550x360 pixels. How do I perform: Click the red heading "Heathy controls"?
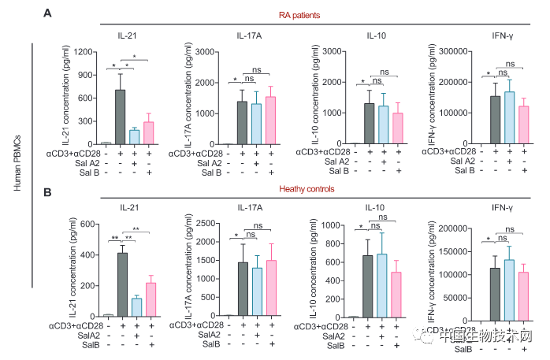[x=287, y=190]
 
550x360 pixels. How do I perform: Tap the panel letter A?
[x=47, y=13]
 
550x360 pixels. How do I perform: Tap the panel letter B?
[x=47, y=191]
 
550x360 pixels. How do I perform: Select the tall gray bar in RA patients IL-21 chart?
[x=120, y=117]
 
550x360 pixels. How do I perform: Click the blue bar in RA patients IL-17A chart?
[x=256, y=124]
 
